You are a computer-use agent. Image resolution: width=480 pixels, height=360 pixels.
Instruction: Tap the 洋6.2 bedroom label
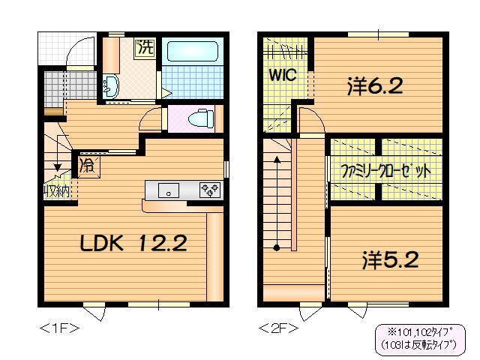coord(375,85)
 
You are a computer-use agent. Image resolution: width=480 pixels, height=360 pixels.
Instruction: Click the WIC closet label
coord(284,76)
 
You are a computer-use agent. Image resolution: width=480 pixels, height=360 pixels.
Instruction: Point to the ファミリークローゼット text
coord(385,170)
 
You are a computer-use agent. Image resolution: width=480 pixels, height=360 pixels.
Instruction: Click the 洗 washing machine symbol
coord(144,47)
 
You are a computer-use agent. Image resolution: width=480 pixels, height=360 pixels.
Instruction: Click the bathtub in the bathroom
coord(191,52)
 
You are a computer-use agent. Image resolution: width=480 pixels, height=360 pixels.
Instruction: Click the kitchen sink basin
coord(168,190)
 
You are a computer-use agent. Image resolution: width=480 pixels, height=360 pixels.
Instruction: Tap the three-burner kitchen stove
coord(209,190)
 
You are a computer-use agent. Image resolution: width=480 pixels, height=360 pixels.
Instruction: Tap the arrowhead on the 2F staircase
coord(277,159)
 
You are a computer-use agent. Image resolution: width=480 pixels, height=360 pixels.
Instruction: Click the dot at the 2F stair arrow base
coord(277,247)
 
